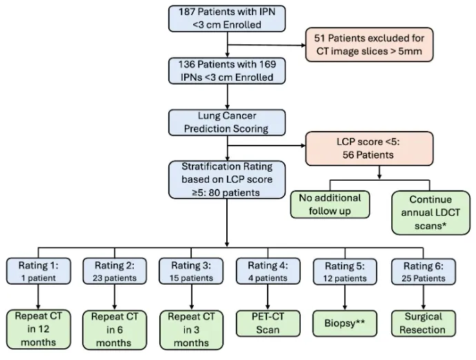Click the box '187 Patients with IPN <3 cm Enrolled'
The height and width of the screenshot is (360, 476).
click(227, 19)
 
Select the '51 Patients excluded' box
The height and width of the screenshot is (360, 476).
click(369, 45)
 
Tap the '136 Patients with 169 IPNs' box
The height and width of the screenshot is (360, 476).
click(227, 71)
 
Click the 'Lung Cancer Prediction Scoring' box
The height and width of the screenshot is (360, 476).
click(227, 122)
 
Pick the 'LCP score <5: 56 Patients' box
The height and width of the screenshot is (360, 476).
click(369, 148)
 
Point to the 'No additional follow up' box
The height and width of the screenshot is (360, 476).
click(330, 204)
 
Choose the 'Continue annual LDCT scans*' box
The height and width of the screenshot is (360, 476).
click(430, 212)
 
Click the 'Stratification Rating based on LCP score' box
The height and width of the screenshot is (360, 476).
click(227, 180)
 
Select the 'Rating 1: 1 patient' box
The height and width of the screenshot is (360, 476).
click(39, 271)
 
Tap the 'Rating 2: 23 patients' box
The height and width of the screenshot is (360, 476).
click(115, 271)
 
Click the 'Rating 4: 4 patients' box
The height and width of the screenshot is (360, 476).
click(268, 271)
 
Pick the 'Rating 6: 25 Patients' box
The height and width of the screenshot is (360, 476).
click(424, 271)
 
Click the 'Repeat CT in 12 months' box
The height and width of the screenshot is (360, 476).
click(39, 330)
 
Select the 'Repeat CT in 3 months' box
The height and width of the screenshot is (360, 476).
click(191, 330)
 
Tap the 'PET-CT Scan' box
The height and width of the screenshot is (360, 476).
click(268, 323)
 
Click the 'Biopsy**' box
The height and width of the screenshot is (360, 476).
click(345, 323)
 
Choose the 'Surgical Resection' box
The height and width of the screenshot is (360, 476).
click(424, 323)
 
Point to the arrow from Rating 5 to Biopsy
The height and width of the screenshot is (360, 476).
click(345, 297)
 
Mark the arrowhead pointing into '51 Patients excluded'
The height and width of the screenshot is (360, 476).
click(304, 46)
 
